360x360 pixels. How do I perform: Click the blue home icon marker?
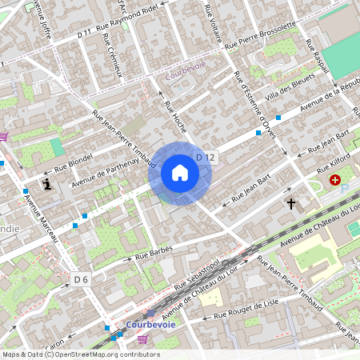tap(180, 173)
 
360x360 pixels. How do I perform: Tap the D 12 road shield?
tap(206, 158)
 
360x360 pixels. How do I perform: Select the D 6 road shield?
tap(82, 279)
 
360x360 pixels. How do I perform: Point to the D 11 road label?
tap(85, 35)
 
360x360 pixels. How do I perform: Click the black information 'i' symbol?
tap(49, 184)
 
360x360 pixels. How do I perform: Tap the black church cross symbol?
tap(291, 205)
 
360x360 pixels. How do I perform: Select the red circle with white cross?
tap(334, 182)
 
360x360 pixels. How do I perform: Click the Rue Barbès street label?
tap(154, 252)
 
